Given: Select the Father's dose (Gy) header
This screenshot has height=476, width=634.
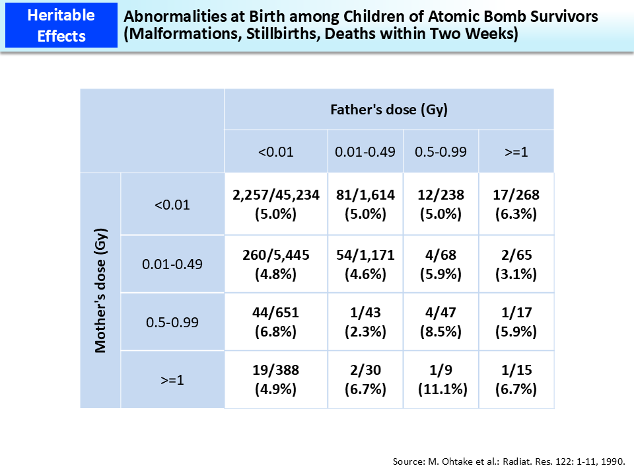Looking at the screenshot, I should tap(389, 110).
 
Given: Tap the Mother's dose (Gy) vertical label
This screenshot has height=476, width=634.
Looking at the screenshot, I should tap(101, 291).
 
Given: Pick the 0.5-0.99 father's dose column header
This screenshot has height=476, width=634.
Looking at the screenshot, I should tap(440, 151).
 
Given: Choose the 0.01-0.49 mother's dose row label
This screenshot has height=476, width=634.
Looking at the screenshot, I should tap(172, 264).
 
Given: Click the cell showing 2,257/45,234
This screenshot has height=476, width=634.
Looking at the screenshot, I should tap(275, 204).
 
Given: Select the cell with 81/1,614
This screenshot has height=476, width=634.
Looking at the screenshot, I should tap(365, 204).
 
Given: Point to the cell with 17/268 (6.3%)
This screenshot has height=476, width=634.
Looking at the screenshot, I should tap(516, 204).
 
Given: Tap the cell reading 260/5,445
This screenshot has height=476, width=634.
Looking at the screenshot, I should tap(275, 264).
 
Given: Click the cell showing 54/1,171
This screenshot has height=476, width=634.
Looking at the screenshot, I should tap(365, 264).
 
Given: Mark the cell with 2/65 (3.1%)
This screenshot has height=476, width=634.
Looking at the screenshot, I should tap(516, 264).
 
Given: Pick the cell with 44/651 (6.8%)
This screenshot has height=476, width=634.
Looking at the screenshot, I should tap(275, 322).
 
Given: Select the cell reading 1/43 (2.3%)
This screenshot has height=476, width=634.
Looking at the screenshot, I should tap(365, 322).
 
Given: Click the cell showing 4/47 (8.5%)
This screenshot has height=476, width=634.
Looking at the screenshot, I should tap(440, 322).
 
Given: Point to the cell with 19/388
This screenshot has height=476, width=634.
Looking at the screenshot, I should tap(275, 379).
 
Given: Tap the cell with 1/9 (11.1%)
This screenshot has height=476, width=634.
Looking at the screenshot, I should tap(440, 379).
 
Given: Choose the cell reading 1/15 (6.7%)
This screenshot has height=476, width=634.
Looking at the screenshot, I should tap(516, 379).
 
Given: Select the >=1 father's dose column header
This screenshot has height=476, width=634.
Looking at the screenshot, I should tap(516, 151).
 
